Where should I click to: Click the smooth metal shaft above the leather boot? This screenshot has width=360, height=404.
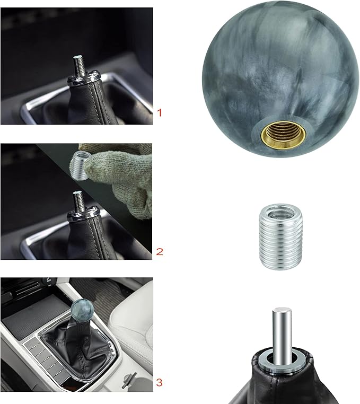point(280,328)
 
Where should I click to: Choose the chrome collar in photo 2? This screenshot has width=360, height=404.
point(80,215)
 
